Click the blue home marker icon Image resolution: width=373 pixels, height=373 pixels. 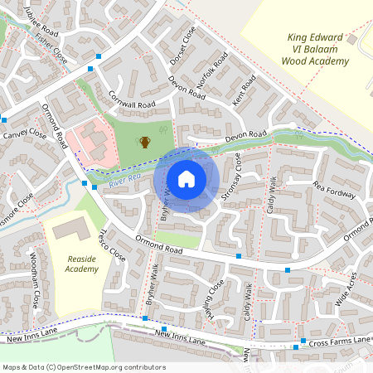click(x=186, y=178)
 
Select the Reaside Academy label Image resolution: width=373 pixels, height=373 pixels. click(x=82, y=264)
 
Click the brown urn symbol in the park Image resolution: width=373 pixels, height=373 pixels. click(x=145, y=142)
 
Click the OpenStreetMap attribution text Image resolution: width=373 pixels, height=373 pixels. click(x=84, y=366)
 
